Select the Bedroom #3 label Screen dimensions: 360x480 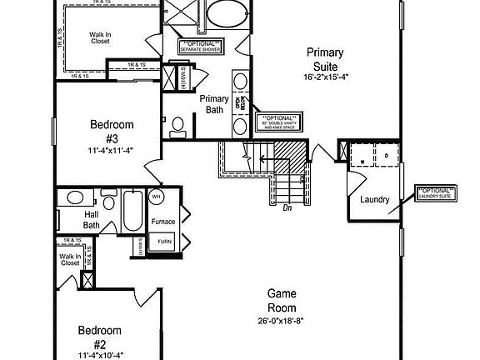click(x=111, y=131)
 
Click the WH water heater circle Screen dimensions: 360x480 click(x=156, y=197)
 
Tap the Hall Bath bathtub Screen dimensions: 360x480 click(x=131, y=213)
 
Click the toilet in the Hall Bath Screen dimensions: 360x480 click(x=108, y=202)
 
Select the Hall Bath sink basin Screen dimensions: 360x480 click(x=75, y=198)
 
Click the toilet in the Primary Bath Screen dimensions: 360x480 click(x=177, y=126)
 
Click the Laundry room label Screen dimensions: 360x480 click(x=375, y=200)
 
